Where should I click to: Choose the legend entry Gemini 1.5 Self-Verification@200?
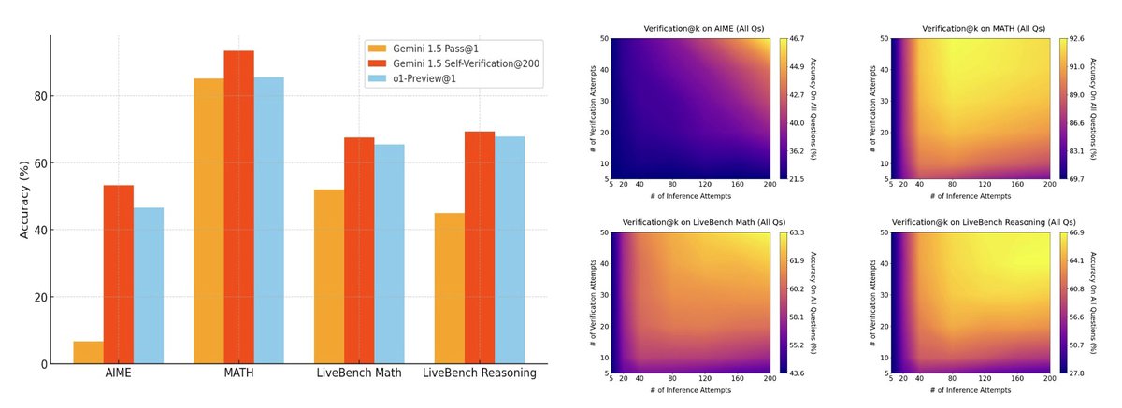[463, 63]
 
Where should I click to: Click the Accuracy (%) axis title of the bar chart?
[26, 198]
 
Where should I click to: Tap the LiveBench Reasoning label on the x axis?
[479, 373]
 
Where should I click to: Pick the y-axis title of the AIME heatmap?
[596, 110]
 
